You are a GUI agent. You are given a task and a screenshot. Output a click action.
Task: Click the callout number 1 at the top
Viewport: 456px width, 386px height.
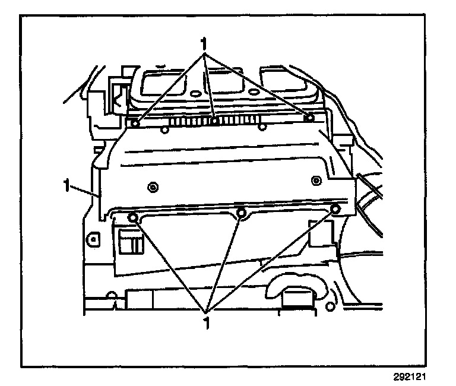point(205,44)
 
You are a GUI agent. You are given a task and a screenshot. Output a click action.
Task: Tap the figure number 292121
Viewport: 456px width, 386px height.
point(410,376)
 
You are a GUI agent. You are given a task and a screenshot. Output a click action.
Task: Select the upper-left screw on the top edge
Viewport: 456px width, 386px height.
point(135,124)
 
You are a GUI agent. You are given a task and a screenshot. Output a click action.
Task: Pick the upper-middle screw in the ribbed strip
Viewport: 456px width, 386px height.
point(215,121)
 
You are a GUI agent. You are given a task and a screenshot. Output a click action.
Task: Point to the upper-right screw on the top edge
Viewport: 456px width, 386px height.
point(309,118)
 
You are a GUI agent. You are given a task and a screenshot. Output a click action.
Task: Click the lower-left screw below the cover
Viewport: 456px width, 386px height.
point(132,217)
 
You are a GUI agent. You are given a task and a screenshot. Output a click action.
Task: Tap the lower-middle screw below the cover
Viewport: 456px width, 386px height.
point(241,213)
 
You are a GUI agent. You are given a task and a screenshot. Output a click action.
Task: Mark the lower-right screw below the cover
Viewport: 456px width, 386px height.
point(335,208)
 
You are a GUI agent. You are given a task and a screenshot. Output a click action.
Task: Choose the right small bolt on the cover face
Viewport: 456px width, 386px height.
point(315,178)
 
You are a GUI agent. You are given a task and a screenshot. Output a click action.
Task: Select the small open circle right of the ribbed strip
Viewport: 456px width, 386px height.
point(261,125)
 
